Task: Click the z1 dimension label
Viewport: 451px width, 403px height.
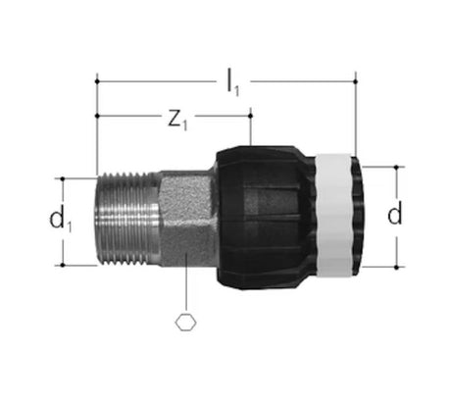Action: pos(177,121)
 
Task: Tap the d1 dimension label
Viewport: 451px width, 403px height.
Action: pos(61,220)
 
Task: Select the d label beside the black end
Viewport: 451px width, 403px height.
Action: pos(394,212)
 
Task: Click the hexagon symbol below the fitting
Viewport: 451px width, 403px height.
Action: pos(186,323)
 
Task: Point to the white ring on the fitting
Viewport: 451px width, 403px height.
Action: pos(334,215)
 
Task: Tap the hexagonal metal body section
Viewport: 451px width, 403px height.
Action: pos(186,219)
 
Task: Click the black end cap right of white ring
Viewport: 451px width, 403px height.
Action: pos(358,215)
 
